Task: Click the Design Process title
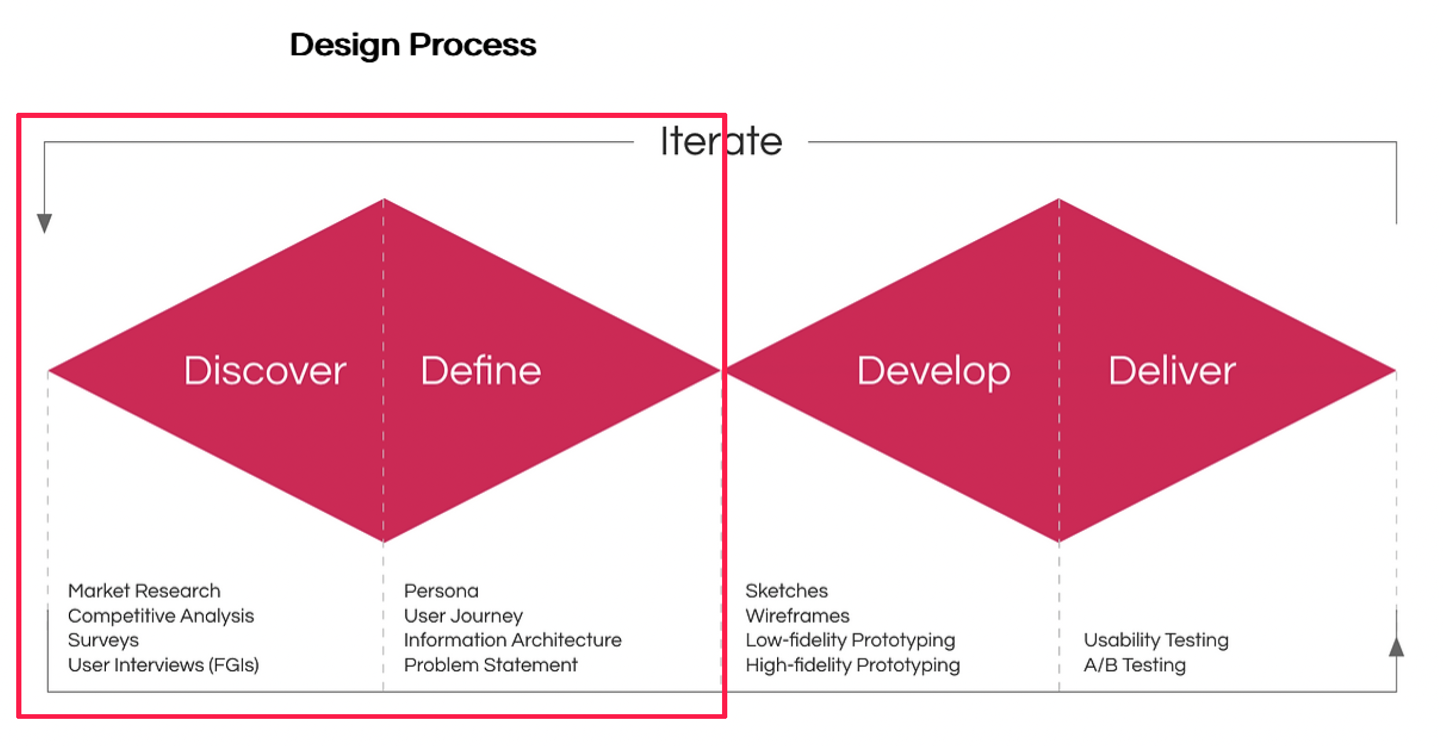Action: click(413, 46)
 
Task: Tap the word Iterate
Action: click(721, 141)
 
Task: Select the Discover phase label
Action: click(265, 370)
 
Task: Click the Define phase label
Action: click(481, 370)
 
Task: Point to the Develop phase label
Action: click(933, 372)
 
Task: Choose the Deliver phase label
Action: click(1172, 370)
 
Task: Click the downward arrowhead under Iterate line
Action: click(45, 223)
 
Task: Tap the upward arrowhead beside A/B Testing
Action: click(1396, 647)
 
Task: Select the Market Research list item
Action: click(144, 590)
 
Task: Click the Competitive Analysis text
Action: click(161, 616)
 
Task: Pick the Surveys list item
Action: click(104, 641)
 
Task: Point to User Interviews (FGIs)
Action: click(163, 665)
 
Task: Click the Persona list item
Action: click(441, 590)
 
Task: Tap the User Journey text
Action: click(463, 616)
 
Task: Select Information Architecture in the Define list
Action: click(513, 640)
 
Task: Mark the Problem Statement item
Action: click(491, 665)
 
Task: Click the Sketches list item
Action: click(786, 590)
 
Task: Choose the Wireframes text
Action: click(797, 615)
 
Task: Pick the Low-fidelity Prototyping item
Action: click(850, 641)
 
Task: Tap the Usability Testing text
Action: click(1156, 641)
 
